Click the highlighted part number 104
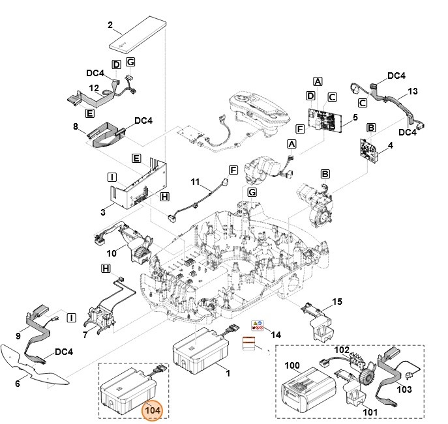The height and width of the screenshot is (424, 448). [153, 410]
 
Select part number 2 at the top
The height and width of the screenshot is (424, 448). [110, 26]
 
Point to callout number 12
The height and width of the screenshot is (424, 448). [94, 88]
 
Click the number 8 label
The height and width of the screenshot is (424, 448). [76, 127]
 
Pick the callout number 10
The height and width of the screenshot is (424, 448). [112, 252]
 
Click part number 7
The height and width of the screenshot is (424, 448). [85, 334]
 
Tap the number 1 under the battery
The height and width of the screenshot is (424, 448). [228, 373]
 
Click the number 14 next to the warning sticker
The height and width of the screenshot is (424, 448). [276, 334]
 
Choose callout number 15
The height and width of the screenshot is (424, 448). [337, 302]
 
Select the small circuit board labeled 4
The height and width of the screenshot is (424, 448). [369, 150]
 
